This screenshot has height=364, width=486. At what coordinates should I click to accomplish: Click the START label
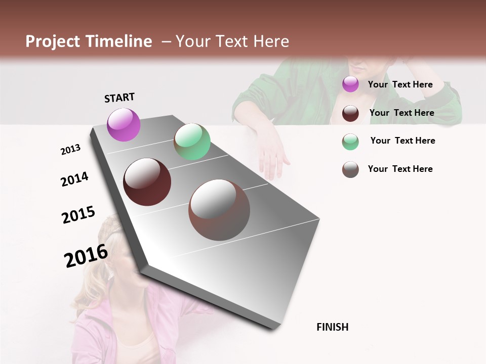point(119,98)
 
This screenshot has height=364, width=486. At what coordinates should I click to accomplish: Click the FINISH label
point(333,327)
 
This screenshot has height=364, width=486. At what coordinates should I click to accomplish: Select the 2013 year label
point(70,150)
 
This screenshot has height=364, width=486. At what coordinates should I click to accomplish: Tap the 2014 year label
point(74,179)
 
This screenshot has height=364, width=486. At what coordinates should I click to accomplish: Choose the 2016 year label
point(86,255)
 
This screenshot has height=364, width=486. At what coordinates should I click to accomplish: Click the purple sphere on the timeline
point(124,124)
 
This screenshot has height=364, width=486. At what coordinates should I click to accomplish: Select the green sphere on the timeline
point(192,142)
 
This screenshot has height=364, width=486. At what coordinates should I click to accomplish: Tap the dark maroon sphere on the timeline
point(147,182)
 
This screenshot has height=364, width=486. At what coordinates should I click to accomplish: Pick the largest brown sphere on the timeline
point(219,210)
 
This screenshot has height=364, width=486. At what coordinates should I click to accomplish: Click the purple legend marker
point(350,84)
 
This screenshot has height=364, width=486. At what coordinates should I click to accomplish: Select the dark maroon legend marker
point(350,113)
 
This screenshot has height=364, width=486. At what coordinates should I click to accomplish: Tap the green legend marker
point(350,141)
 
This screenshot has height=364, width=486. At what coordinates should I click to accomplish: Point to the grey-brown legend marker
point(350,169)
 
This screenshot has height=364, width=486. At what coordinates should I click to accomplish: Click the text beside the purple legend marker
point(400,84)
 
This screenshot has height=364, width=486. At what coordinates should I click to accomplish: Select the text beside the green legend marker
point(402,141)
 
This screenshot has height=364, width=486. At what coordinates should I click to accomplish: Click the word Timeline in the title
point(118,41)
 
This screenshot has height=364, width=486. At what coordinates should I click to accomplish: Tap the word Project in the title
point(53,41)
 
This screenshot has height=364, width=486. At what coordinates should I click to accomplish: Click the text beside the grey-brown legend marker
point(400,169)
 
